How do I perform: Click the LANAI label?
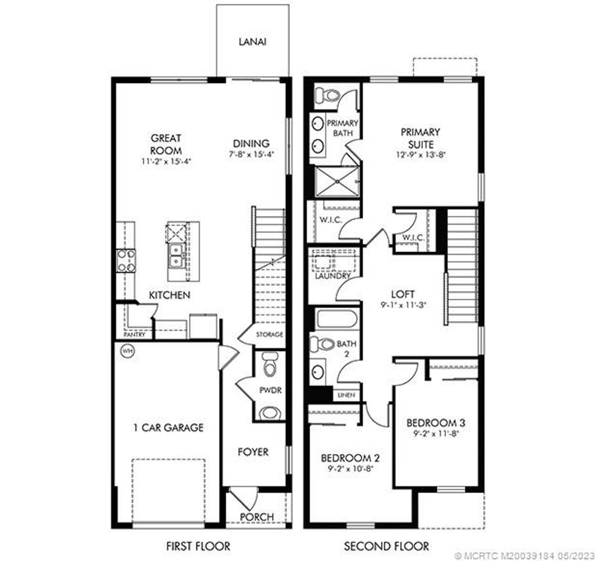pyautogui.click(x=252, y=42)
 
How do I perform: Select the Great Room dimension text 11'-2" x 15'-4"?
pyautogui.click(x=167, y=161)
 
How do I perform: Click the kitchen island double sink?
pyautogui.click(x=177, y=256)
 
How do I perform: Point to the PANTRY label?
pyautogui.click(x=134, y=335)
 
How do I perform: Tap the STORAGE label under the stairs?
pyautogui.click(x=270, y=335)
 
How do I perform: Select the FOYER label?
pyautogui.click(x=253, y=451)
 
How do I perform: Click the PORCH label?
pyautogui.click(x=257, y=516)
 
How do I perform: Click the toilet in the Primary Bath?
pyautogui.click(x=329, y=95)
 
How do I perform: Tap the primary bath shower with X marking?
pyautogui.click(x=336, y=181)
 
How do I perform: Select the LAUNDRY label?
pyautogui.click(x=332, y=276)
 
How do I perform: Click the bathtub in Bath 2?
pyautogui.click(x=336, y=319)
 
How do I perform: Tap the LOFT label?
pyautogui.click(x=403, y=294)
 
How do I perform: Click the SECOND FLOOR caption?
pyautogui.click(x=386, y=546)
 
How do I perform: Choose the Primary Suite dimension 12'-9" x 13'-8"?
pyautogui.click(x=420, y=154)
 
